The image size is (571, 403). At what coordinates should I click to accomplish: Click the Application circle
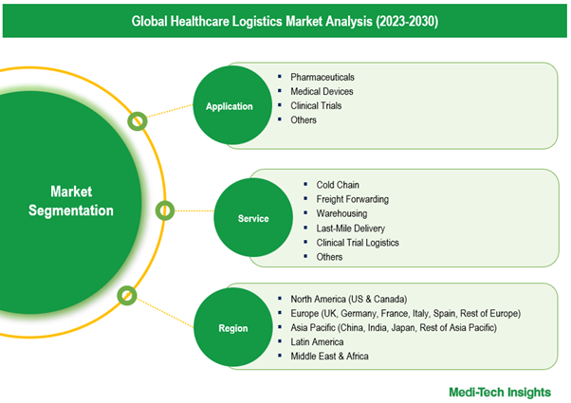[232, 105]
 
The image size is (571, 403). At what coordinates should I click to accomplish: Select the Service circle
[253, 217]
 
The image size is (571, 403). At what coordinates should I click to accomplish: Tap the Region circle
[233, 327]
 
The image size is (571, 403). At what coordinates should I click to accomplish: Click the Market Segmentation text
[71, 201]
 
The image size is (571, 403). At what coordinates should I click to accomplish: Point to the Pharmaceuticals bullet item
[322, 77]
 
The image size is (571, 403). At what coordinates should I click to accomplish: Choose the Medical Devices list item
[322, 91]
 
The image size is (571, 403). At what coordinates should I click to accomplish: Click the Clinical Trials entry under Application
[316, 105]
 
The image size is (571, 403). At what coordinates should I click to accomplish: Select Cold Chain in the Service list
[338, 185]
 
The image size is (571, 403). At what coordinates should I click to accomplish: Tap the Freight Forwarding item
[352, 199]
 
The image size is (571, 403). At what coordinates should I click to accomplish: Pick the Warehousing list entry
[341, 213]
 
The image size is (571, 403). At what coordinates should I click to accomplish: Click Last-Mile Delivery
[350, 229]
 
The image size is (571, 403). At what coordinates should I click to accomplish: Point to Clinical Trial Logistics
[358, 243]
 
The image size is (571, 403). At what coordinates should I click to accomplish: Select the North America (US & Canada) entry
[348, 300]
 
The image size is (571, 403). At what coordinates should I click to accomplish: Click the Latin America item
[317, 342]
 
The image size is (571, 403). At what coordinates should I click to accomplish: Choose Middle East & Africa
[329, 356]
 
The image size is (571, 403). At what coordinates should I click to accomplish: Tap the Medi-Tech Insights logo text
[500, 392]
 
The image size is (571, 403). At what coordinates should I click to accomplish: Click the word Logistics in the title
[257, 21]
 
